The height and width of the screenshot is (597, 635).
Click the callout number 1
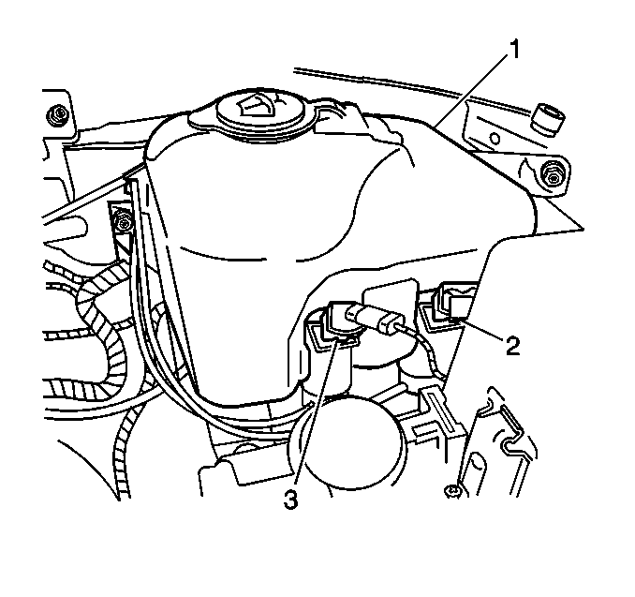[x=513, y=49]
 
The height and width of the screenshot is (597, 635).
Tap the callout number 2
[x=512, y=346]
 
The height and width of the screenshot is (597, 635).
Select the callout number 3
[x=290, y=499]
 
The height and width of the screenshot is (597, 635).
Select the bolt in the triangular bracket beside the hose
[x=123, y=222]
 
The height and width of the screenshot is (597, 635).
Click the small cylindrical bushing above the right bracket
[x=547, y=118]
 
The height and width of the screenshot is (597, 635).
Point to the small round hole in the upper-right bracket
[x=495, y=139]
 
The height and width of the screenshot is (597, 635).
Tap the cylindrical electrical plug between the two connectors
[x=372, y=318]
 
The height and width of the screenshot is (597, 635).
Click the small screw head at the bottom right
[x=452, y=491]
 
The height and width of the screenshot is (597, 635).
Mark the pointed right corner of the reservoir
[x=583, y=229]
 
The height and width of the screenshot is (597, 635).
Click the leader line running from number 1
[x=472, y=91]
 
